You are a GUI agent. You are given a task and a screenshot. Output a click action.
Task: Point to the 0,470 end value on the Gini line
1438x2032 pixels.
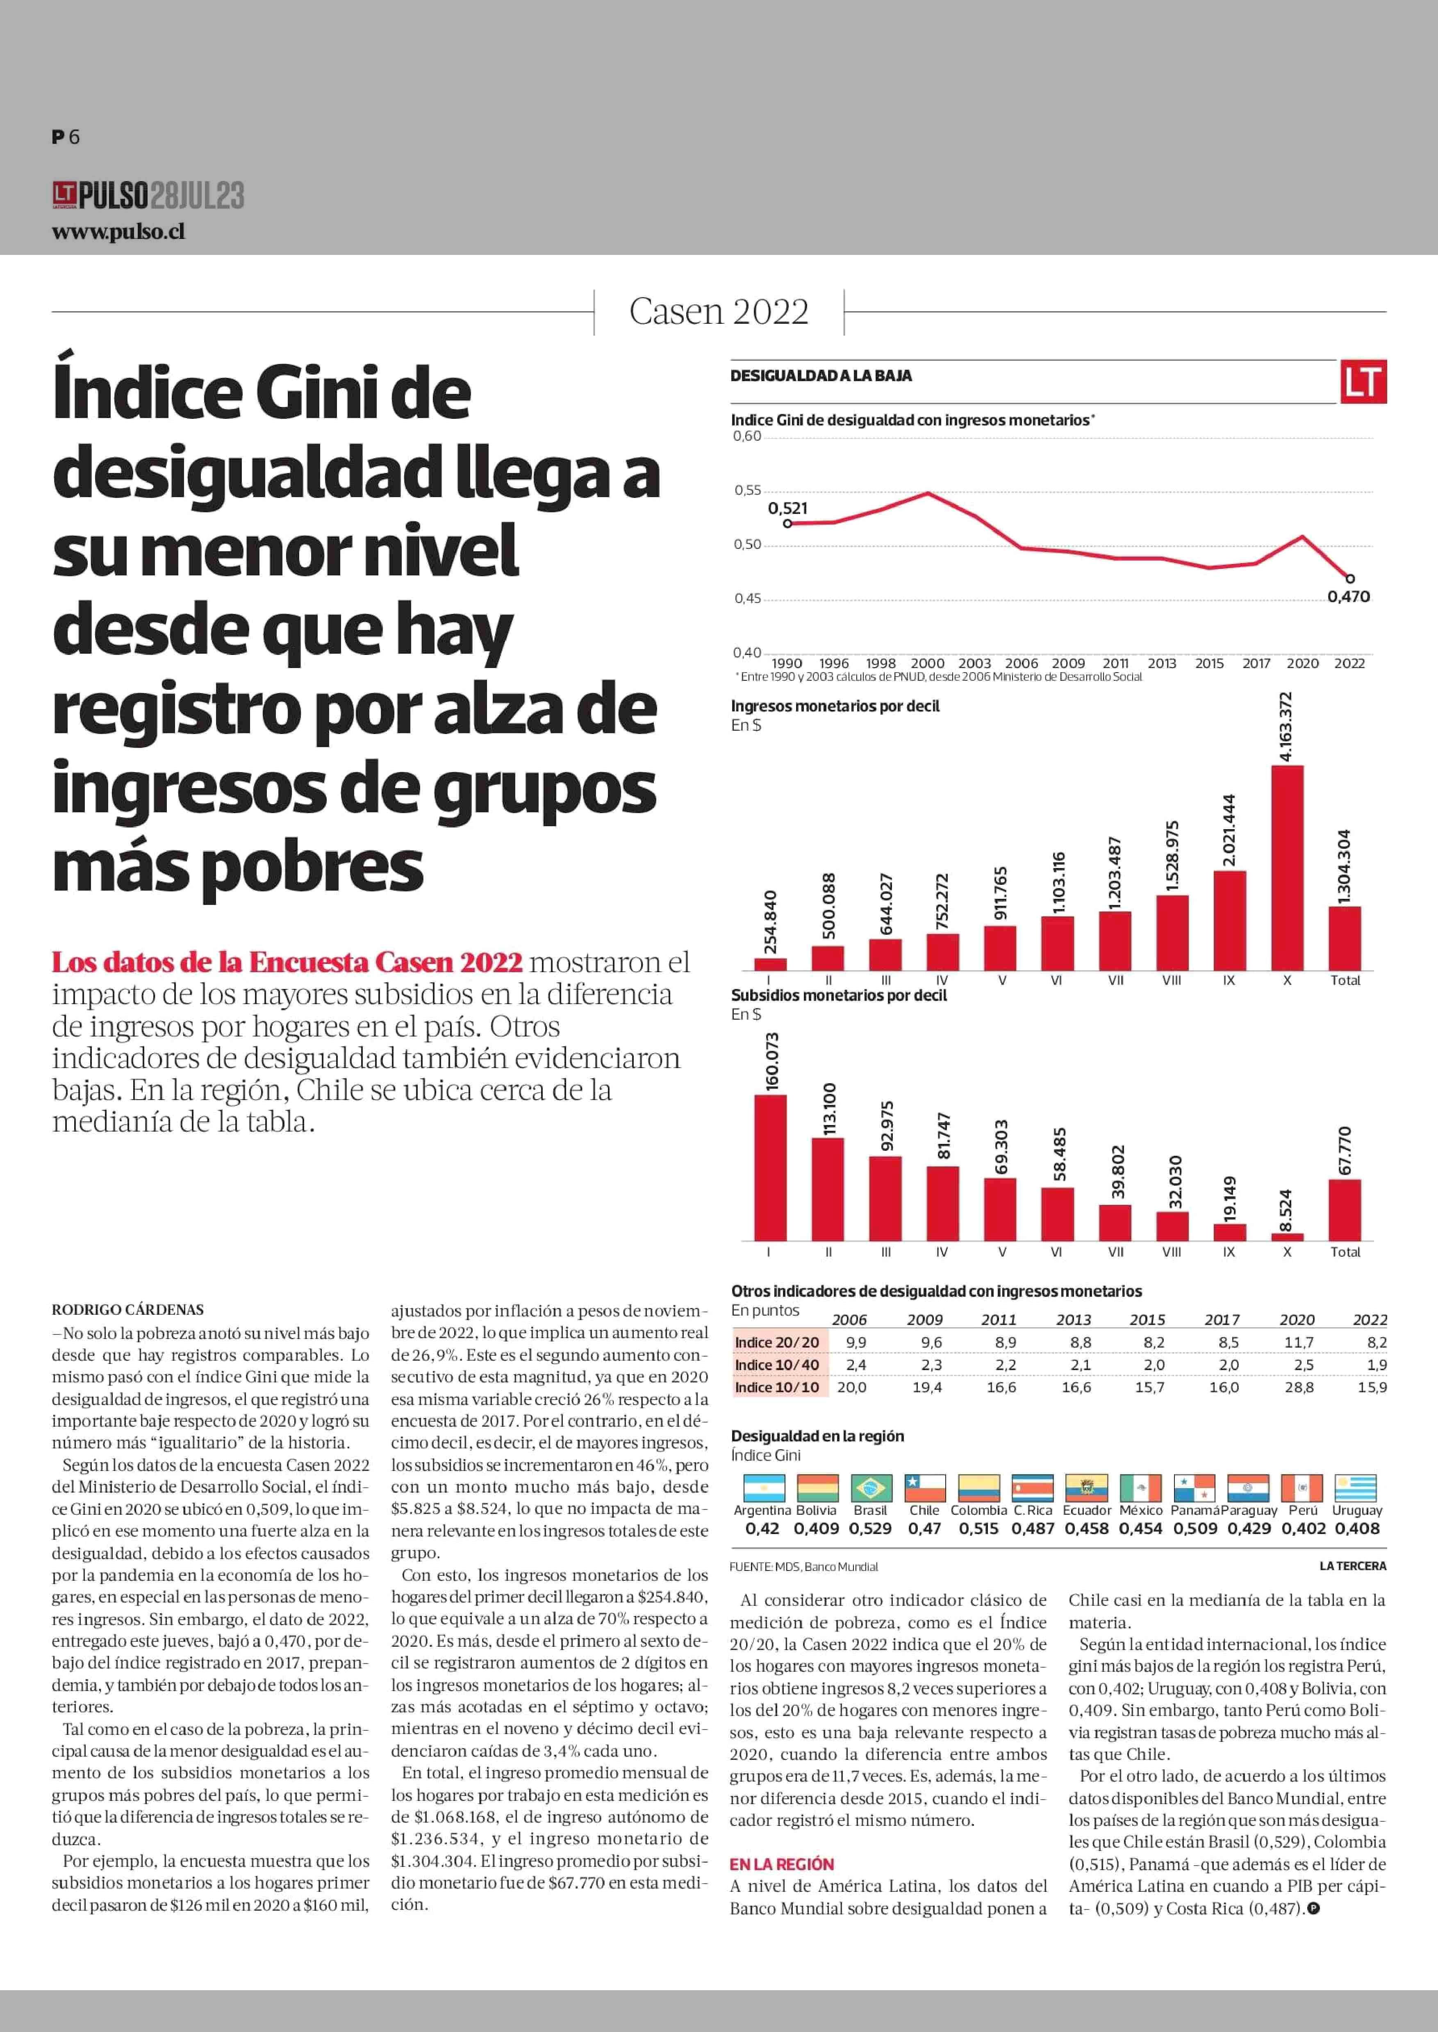1348,597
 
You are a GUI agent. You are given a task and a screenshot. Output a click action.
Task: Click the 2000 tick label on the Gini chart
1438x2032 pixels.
927,663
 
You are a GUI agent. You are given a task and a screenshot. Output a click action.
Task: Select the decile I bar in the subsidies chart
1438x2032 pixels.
769,1167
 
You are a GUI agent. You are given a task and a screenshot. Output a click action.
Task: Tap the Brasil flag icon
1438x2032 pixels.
870,1487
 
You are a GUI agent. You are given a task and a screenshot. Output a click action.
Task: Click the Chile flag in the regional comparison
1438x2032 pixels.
924,1487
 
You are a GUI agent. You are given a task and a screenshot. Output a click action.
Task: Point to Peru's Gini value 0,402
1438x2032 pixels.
1304,1528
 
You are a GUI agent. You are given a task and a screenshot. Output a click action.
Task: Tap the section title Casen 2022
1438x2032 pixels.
718,311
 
